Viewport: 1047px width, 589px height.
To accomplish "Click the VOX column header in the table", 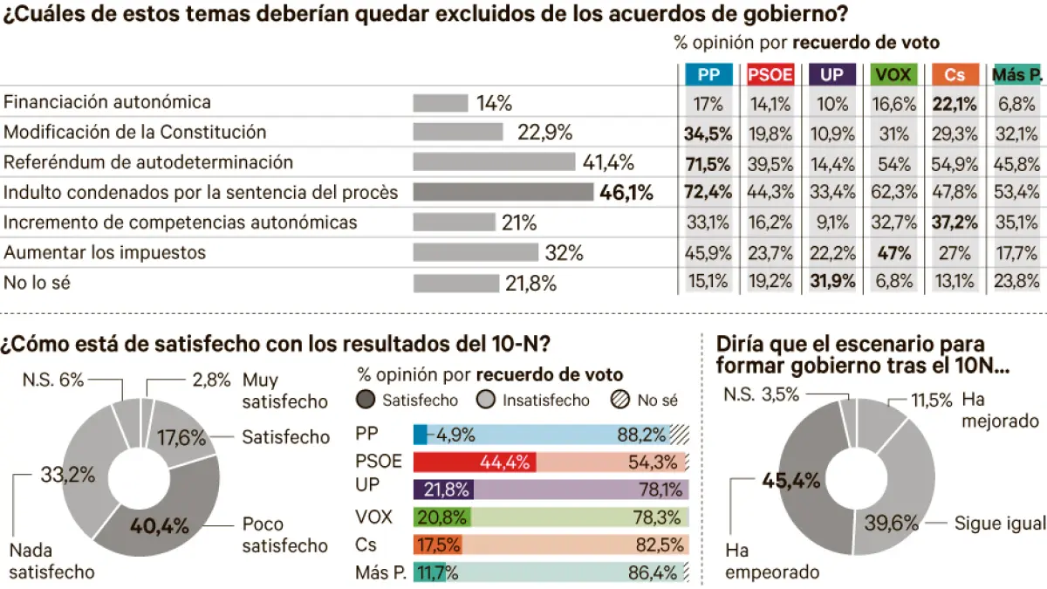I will [893, 76].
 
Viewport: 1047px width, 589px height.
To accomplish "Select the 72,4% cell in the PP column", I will [708, 193].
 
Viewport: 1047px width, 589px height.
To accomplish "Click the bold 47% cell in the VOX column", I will [894, 253].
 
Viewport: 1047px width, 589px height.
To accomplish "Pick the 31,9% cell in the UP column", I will [832, 283].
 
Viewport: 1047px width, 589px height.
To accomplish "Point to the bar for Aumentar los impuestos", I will [476, 253].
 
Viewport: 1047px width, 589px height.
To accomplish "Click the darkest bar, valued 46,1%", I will [503, 193].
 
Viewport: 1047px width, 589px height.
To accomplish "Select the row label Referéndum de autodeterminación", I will [148, 162].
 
